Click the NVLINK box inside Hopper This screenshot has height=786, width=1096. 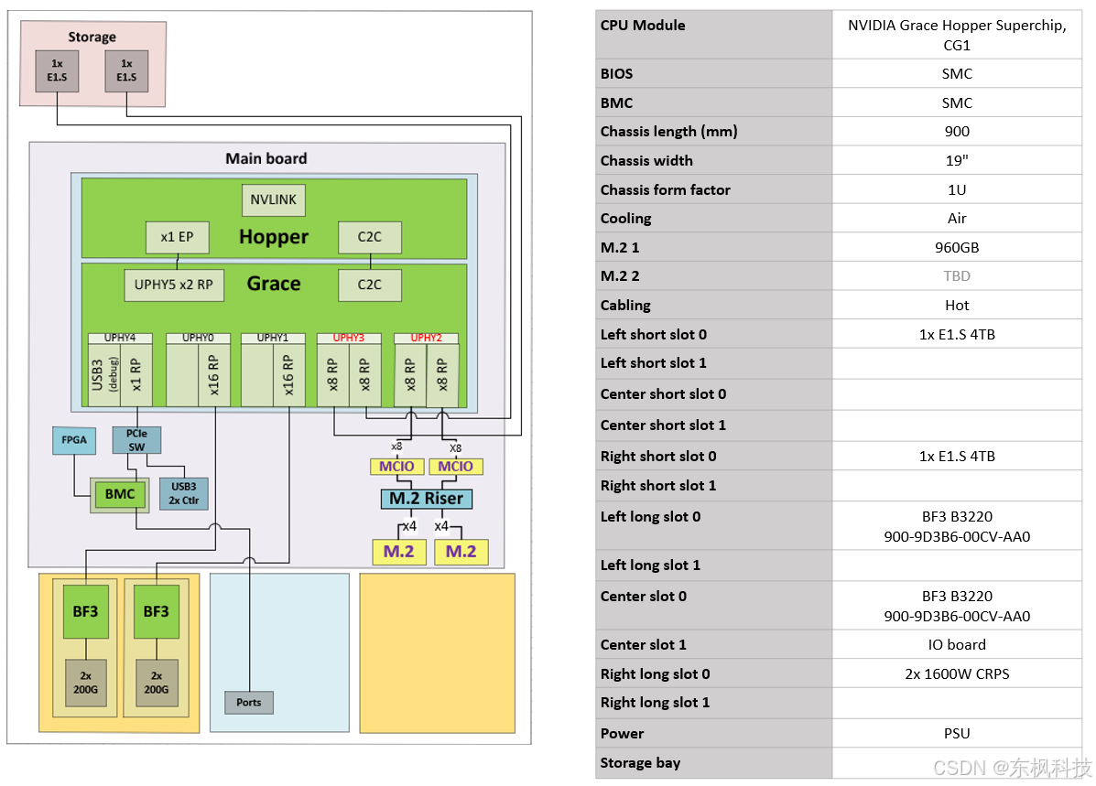[273, 199]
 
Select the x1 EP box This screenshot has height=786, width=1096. [177, 237]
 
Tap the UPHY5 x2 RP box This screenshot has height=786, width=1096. [174, 285]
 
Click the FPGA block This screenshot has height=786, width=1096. [74, 440]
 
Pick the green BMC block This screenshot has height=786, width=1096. [120, 494]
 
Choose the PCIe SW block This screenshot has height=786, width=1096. [137, 440]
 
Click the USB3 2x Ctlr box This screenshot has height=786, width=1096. [184, 493]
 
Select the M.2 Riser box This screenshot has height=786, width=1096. [427, 498]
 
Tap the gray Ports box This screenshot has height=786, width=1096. [249, 702]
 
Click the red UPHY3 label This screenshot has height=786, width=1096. [349, 338]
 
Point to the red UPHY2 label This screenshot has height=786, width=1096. [427, 338]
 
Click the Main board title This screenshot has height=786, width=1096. [266, 158]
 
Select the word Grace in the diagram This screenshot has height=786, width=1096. [274, 284]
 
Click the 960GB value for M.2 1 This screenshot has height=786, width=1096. [957, 247]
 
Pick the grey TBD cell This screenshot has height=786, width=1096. [957, 276]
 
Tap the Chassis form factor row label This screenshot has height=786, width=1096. [666, 190]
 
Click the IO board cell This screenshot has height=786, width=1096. [957, 645]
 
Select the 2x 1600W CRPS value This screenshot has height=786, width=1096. [957, 674]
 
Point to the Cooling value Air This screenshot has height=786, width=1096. [957, 219]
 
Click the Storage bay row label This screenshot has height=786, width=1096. [640, 763]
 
